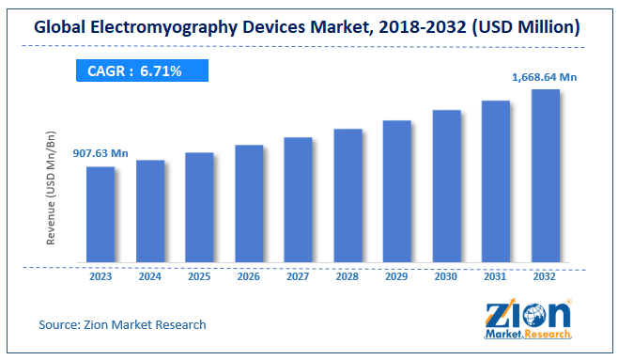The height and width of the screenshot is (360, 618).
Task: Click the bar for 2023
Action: [100, 214]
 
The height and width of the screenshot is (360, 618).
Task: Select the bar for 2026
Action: [249, 203]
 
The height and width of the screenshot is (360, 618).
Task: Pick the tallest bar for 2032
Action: [546, 176]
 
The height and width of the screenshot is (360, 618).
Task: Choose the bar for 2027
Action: [298, 199]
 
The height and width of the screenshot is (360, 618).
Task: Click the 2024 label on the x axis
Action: [150, 276]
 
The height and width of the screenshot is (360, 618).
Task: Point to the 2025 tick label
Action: [199, 276]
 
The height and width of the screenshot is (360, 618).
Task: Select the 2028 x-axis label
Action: [348, 276]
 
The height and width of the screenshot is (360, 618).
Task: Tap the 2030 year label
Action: [446, 276]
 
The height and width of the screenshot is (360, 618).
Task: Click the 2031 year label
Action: [496, 276]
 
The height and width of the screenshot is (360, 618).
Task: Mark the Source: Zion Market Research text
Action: [122, 324]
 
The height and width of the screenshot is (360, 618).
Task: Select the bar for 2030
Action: [446, 186]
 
